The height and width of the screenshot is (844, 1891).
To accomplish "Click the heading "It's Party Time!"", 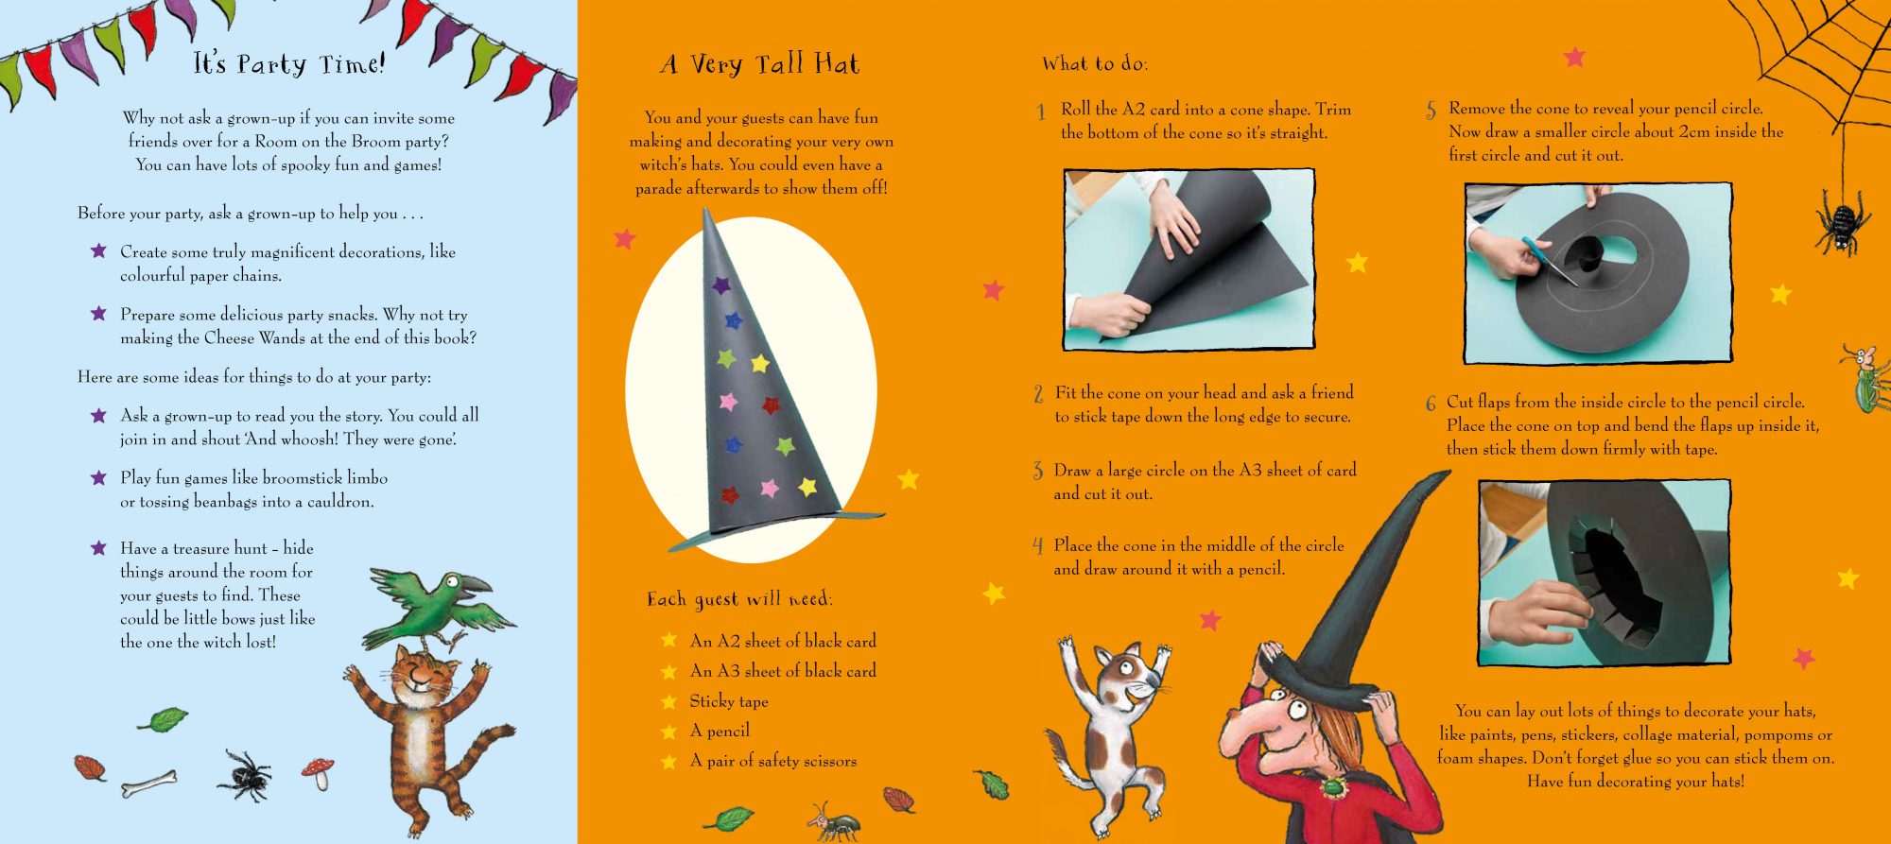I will point(289,64).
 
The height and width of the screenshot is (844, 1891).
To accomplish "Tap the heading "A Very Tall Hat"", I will point(760,64).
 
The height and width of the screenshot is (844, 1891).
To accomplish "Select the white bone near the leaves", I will point(149,783).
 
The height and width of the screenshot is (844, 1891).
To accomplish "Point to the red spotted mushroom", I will point(319,771).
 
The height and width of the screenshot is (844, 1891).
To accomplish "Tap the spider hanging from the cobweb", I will point(1841,223).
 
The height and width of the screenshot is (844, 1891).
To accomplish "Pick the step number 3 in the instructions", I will point(1038,471).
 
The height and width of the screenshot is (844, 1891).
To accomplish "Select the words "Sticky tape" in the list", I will point(728,701).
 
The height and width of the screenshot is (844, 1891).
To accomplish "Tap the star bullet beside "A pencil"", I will point(669,732).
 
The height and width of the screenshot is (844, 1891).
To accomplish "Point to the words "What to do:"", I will point(1095,64).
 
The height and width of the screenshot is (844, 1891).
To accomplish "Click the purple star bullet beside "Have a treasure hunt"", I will point(98,548).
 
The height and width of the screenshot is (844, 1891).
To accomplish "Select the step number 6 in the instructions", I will point(1431,404).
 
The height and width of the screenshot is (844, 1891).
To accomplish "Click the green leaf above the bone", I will point(165,720).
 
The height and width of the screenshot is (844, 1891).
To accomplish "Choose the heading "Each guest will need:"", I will point(739,599).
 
